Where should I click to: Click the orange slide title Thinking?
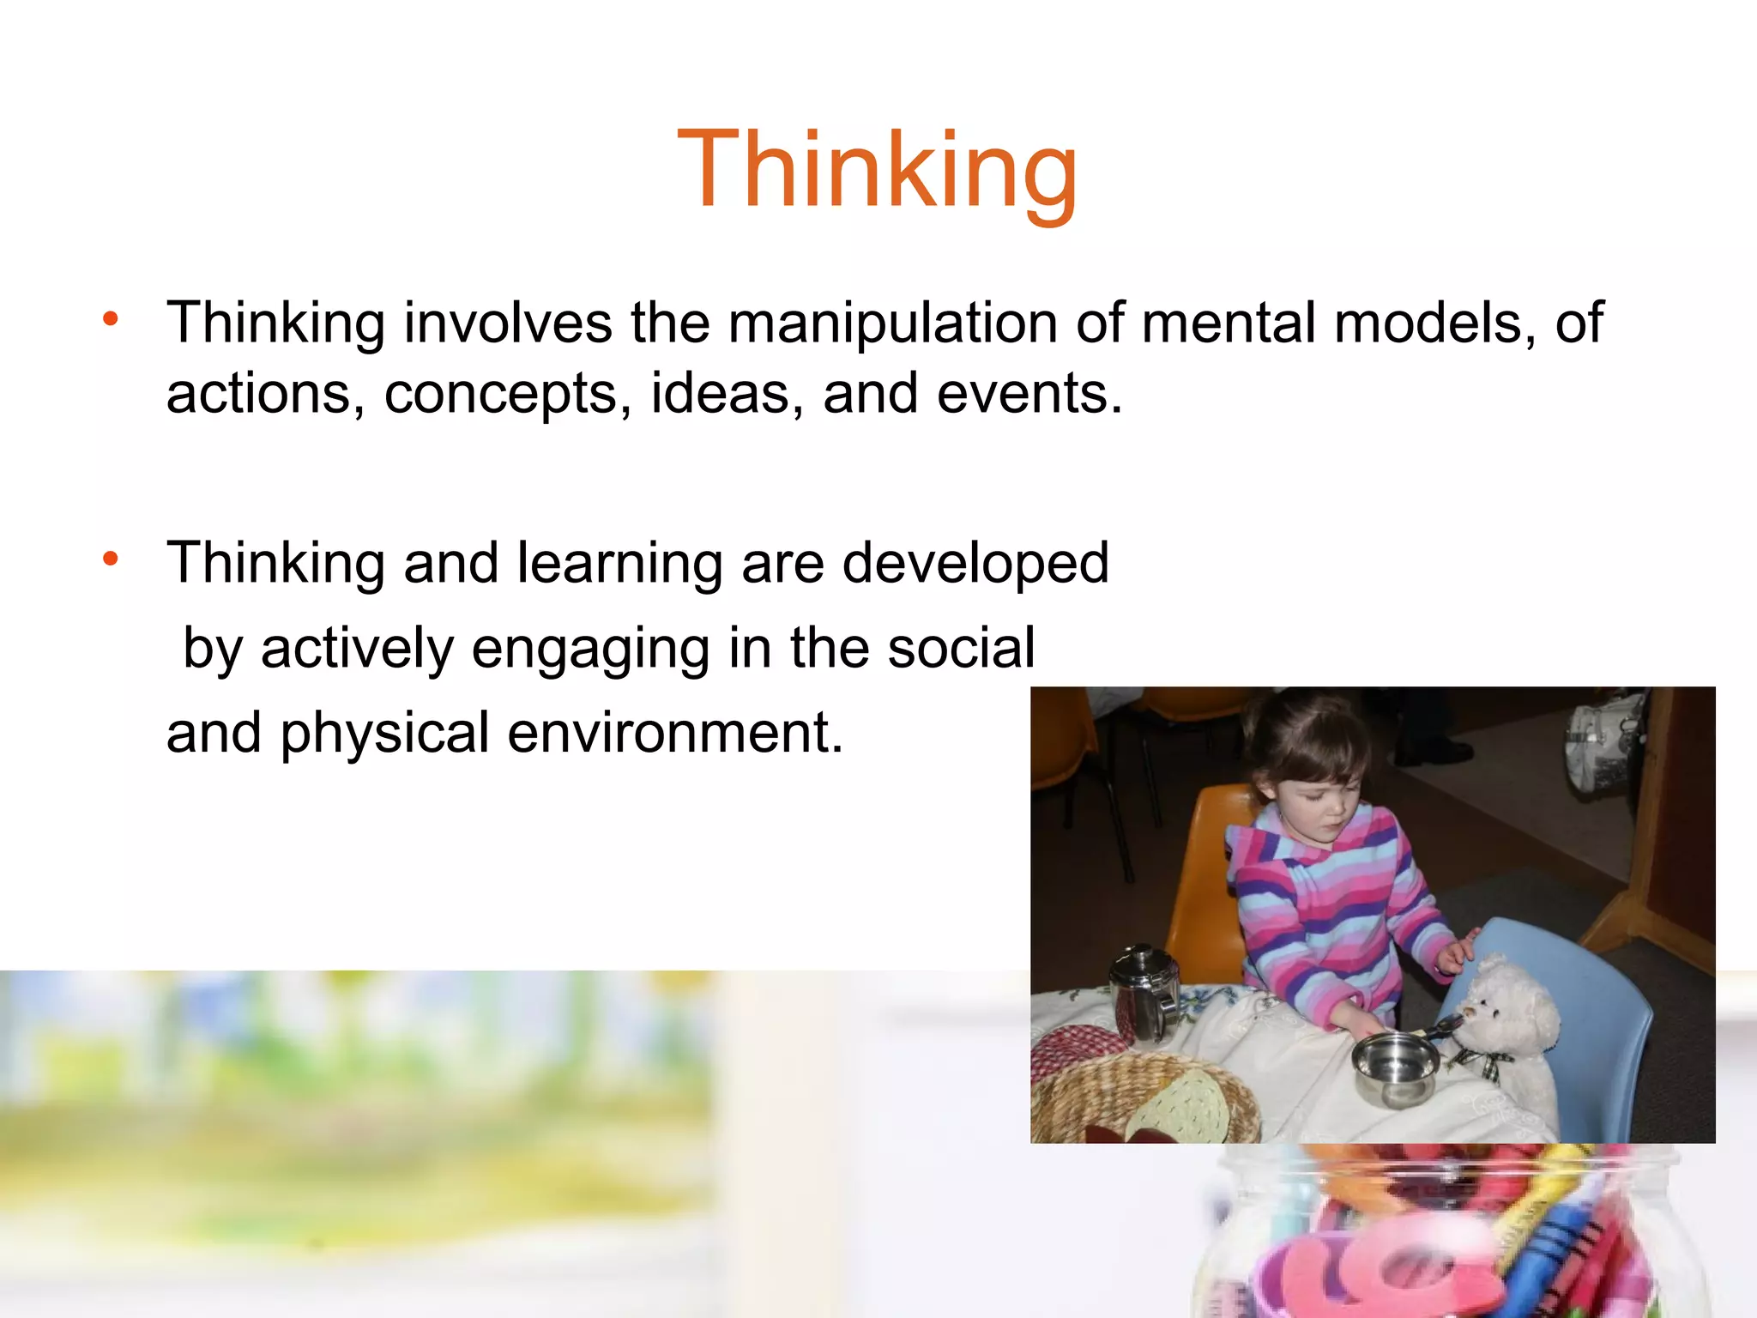point(877,169)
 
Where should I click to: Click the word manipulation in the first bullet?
point(893,323)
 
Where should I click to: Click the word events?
point(1028,393)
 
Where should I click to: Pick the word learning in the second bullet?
point(620,565)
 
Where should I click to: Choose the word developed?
point(975,565)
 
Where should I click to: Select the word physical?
point(384,735)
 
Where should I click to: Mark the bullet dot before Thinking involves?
point(110,320)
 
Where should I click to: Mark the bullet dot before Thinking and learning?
point(110,559)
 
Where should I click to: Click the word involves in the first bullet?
point(508,323)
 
